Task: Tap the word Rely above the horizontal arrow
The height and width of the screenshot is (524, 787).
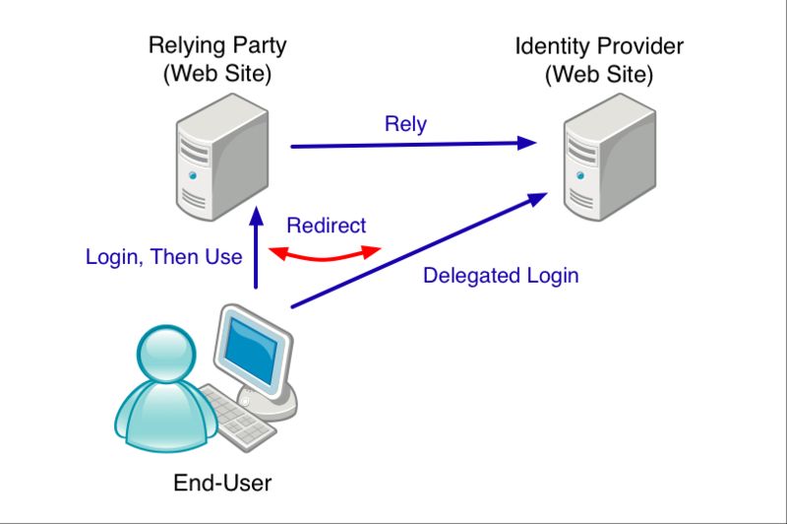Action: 405,124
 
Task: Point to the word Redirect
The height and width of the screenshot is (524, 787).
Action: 325,226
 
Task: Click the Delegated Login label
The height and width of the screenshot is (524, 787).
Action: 501,276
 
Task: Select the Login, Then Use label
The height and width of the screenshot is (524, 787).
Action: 163,257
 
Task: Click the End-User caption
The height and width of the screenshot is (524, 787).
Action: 221,483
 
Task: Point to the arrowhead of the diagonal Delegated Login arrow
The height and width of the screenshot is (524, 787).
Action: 536,196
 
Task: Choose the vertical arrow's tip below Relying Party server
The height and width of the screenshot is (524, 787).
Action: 256,211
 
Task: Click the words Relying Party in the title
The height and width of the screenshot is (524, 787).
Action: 216,45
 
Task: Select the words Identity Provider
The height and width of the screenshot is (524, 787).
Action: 599,46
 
